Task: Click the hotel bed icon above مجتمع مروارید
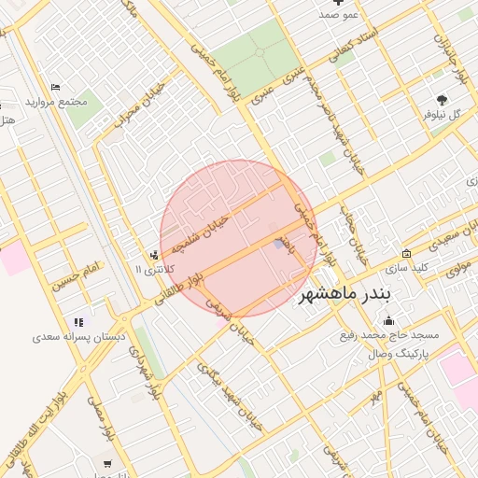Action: click(x=56, y=88)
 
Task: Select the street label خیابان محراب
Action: click(x=140, y=104)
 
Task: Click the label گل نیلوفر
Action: click(x=443, y=115)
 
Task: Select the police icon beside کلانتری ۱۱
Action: click(x=153, y=256)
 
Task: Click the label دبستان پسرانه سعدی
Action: click(x=77, y=335)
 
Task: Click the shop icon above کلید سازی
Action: click(x=407, y=254)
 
